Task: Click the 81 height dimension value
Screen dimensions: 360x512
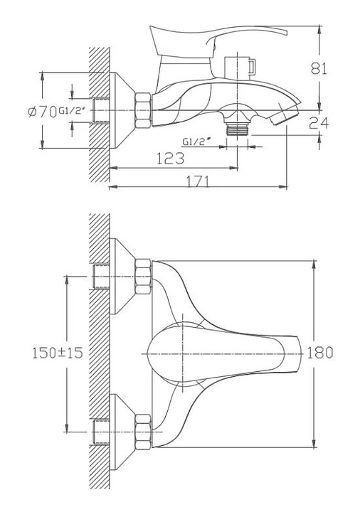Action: [319, 68]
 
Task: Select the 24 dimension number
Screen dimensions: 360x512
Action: [319, 123]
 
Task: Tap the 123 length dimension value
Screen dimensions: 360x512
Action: [170, 159]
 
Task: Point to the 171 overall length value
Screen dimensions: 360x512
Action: [197, 181]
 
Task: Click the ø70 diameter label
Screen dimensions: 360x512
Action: [42, 112]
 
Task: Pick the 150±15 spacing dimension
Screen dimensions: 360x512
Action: [57, 353]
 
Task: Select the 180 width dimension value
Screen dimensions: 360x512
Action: [320, 353]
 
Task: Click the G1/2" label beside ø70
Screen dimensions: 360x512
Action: [72, 110]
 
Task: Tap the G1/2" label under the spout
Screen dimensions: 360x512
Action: [196, 142]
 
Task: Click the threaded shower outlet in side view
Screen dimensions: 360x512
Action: [237, 129]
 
